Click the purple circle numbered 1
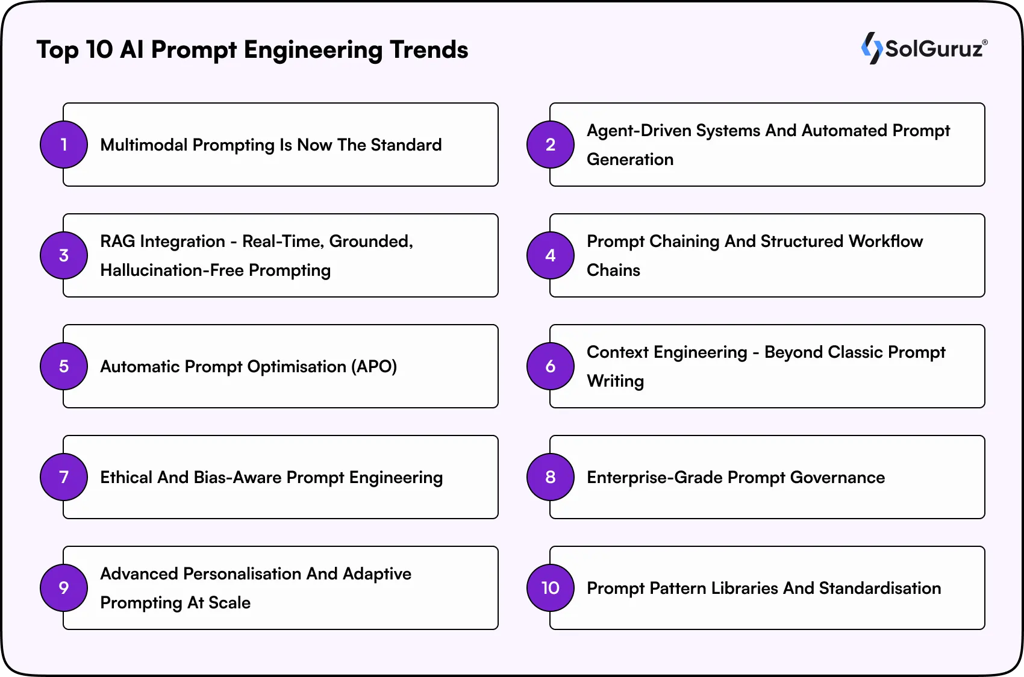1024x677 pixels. point(64,145)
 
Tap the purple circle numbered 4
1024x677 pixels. point(551,255)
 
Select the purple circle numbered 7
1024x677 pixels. point(64,477)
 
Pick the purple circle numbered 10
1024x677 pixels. point(551,588)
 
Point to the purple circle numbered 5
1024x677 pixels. point(64,366)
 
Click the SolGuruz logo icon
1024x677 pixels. point(871,48)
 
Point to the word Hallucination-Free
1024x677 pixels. point(172,270)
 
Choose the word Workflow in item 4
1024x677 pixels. point(885,242)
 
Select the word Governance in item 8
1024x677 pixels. point(837,478)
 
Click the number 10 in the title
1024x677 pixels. point(99,50)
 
